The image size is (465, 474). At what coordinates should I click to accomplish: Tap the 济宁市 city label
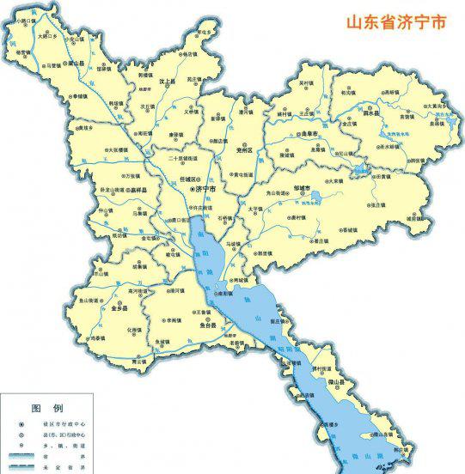tap(206, 188)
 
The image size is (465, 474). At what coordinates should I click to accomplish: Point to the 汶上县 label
tap(175, 81)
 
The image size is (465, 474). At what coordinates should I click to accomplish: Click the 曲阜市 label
tap(306, 136)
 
